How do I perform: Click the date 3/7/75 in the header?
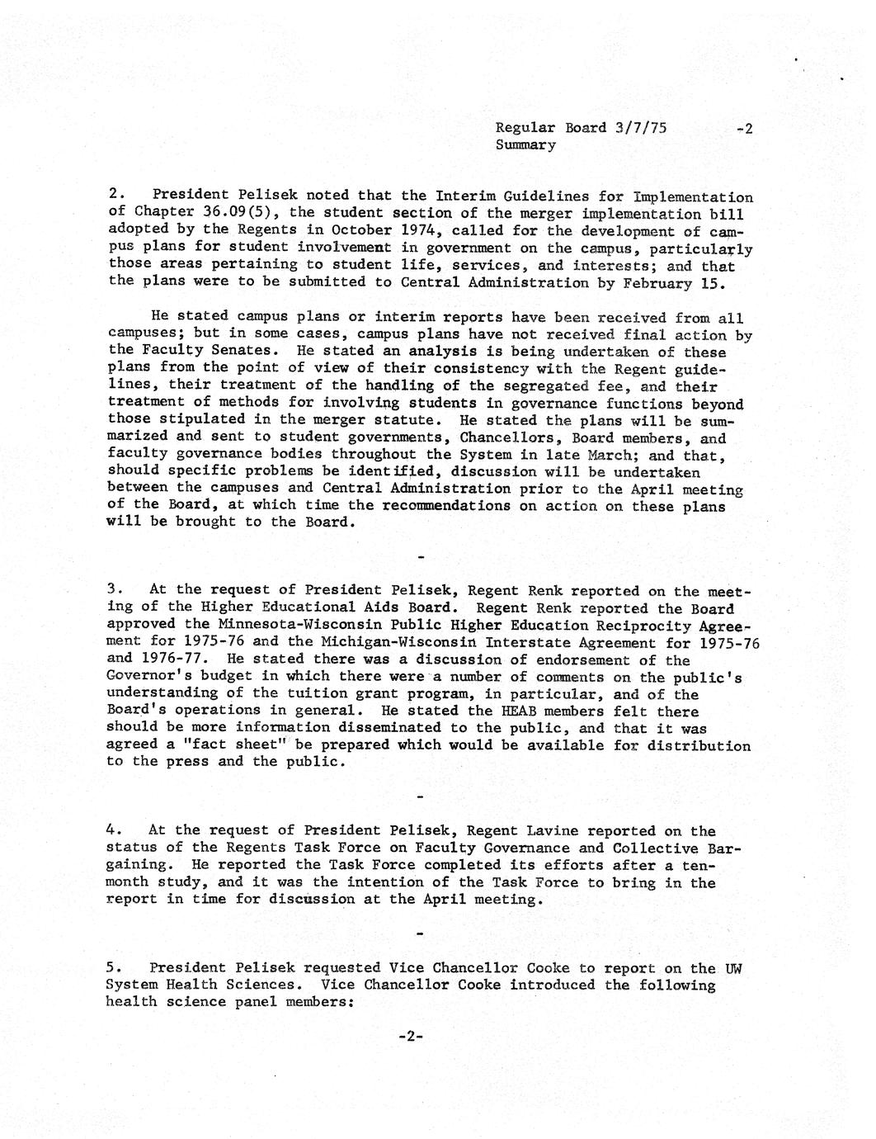[641, 128]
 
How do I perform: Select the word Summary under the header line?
[525, 145]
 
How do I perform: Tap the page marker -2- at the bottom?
[410, 1037]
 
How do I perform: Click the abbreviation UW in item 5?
[733, 968]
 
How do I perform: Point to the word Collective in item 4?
[655, 848]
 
